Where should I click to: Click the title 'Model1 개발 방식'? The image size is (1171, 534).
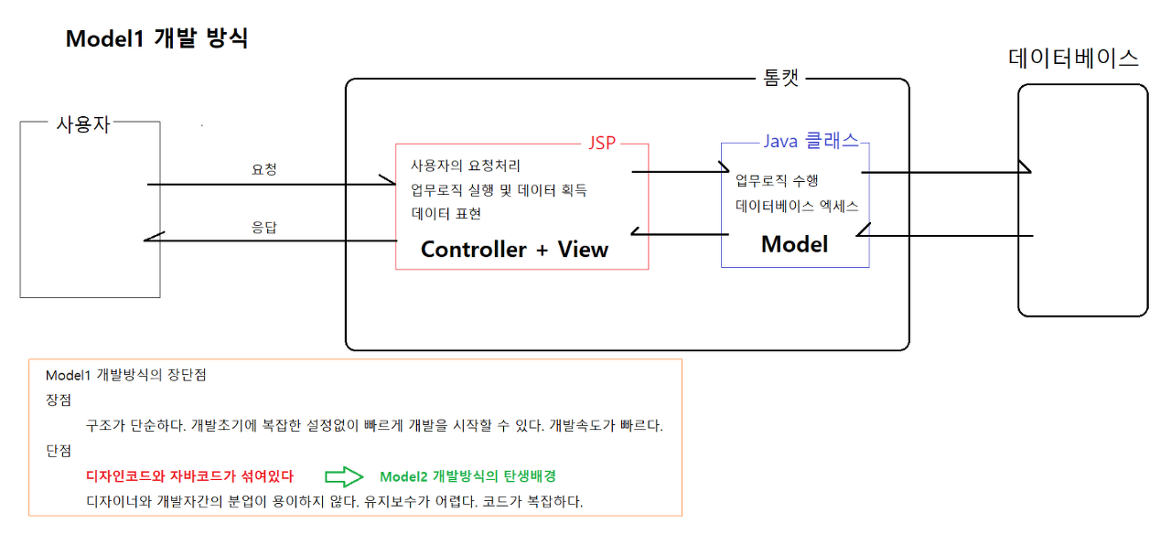point(156,39)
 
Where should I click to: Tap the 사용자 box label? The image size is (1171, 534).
point(83,125)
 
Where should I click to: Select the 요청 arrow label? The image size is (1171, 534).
point(264,169)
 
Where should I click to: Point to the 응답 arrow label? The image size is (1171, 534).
point(264,227)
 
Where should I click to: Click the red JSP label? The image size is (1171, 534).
point(602,143)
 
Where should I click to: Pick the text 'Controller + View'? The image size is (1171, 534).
point(514,249)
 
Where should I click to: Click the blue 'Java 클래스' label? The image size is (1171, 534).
point(811,141)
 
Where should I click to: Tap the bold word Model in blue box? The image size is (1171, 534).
point(794,244)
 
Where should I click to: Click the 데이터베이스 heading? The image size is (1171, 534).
point(1073,59)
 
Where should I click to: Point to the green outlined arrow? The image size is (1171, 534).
point(344,476)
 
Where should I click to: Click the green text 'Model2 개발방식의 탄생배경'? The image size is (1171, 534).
point(467,476)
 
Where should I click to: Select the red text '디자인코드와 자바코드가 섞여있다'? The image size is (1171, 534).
point(189,476)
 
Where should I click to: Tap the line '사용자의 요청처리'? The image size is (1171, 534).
point(466,166)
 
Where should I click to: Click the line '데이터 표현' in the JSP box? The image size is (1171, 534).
point(446,214)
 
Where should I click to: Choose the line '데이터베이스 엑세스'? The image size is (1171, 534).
point(797,206)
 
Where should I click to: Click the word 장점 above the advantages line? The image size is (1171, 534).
point(58,400)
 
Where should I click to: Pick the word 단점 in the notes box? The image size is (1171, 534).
point(58,451)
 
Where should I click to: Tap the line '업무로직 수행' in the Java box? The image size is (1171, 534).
point(777,180)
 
